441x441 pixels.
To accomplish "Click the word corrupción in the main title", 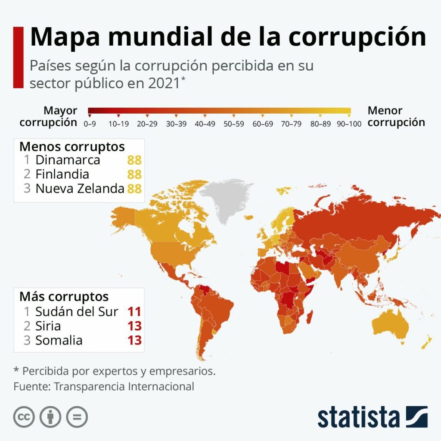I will pos(357,37).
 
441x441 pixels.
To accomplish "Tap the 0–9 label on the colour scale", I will pos(90,124).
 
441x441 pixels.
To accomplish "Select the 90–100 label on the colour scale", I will pos(349,124).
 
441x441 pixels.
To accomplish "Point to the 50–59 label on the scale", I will pos(233,124).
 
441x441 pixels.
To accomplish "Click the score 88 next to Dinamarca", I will pos(134,160).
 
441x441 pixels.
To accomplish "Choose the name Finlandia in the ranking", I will pos(62,174).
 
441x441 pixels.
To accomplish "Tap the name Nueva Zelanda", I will pos(80,189).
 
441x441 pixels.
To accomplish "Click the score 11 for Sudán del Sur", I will pos(134,311).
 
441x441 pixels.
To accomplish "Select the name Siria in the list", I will pos(48,326).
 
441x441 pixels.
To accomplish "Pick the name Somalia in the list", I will pos(59,340).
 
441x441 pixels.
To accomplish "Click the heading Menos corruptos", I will pos(72,146).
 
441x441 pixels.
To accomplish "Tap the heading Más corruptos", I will pos(64,297).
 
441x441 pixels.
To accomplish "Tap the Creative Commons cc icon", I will pos(24,417).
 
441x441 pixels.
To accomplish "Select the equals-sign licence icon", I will pos(77,417).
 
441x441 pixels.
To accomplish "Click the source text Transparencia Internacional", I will pos(124,386).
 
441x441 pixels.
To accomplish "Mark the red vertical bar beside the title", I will pos(18,57).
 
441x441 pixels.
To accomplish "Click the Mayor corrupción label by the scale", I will pos(49,117).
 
